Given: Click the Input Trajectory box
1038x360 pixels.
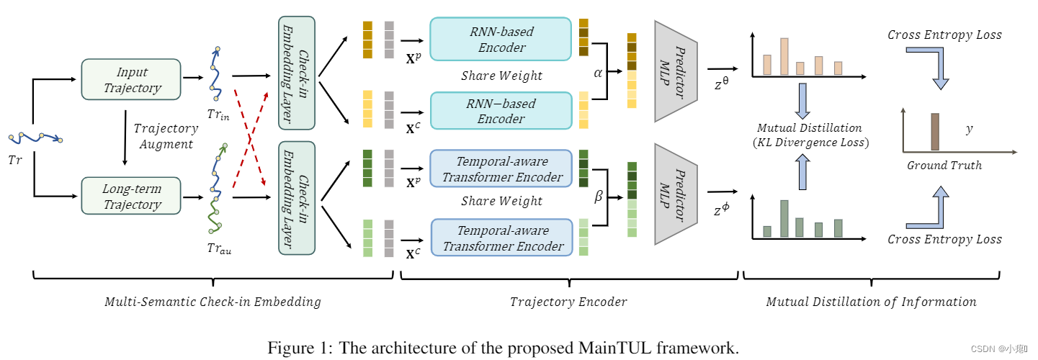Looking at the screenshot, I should [x=132, y=80].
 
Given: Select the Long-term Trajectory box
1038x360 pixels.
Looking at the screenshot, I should [x=132, y=197].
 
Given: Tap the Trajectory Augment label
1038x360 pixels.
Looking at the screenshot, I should [x=166, y=136].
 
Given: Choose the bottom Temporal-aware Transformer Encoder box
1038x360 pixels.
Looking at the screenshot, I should [x=501, y=238].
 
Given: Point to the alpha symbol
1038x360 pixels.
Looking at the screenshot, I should [x=597, y=73].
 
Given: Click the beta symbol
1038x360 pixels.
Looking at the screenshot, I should [x=598, y=196].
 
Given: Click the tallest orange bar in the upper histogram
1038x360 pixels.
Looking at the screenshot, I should [x=784, y=57].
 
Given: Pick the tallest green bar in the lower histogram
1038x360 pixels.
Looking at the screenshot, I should [x=784, y=219].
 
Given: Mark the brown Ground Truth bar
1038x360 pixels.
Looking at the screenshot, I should [x=935, y=132].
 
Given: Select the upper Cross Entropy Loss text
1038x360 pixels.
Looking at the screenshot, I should [x=944, y=35].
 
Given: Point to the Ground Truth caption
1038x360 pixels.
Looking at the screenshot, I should [x=944, y=166].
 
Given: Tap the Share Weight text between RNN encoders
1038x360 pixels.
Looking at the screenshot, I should [x=501, y=76].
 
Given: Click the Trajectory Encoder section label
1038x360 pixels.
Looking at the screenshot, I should [x=568, y=302].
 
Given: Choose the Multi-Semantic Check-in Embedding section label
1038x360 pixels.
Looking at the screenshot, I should [x=212, y=302].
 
